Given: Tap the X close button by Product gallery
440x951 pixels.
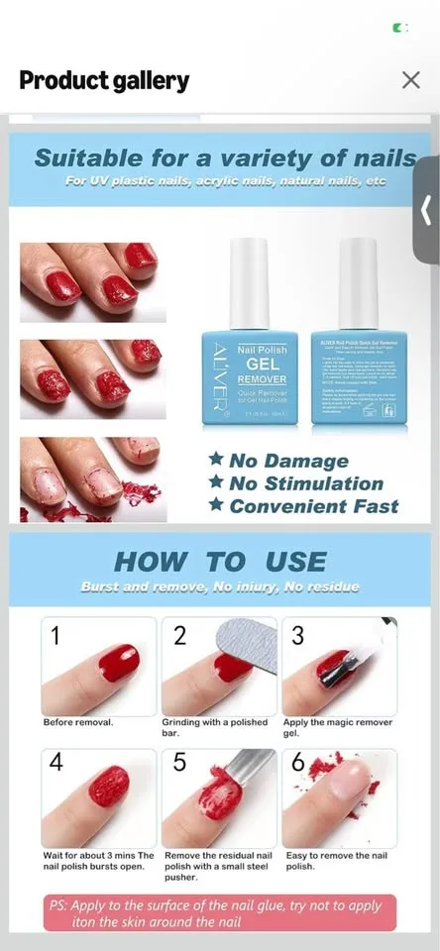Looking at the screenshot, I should tap(411, 80).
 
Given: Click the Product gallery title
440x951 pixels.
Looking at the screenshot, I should tap(104, 80).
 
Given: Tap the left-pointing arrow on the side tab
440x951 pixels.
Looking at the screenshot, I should tap(426, 210).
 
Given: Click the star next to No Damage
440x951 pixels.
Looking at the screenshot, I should tap(215, 461).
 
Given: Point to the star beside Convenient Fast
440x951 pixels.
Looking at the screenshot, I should tap(215, 506).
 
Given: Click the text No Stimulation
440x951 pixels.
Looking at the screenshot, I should tap(306, 483).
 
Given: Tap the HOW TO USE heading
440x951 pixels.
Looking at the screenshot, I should tap(220, 562).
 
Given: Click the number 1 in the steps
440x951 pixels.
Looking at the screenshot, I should tap(55, 637).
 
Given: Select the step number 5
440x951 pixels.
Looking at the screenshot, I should tap(179, 764).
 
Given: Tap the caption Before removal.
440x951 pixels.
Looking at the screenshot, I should tap(78, 722).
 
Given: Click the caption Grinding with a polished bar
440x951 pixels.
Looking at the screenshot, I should tap(213, 728).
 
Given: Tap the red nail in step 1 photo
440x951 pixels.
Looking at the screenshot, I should tap(117, 660).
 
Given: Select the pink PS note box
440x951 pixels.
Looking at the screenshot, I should tap(221, 912).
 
